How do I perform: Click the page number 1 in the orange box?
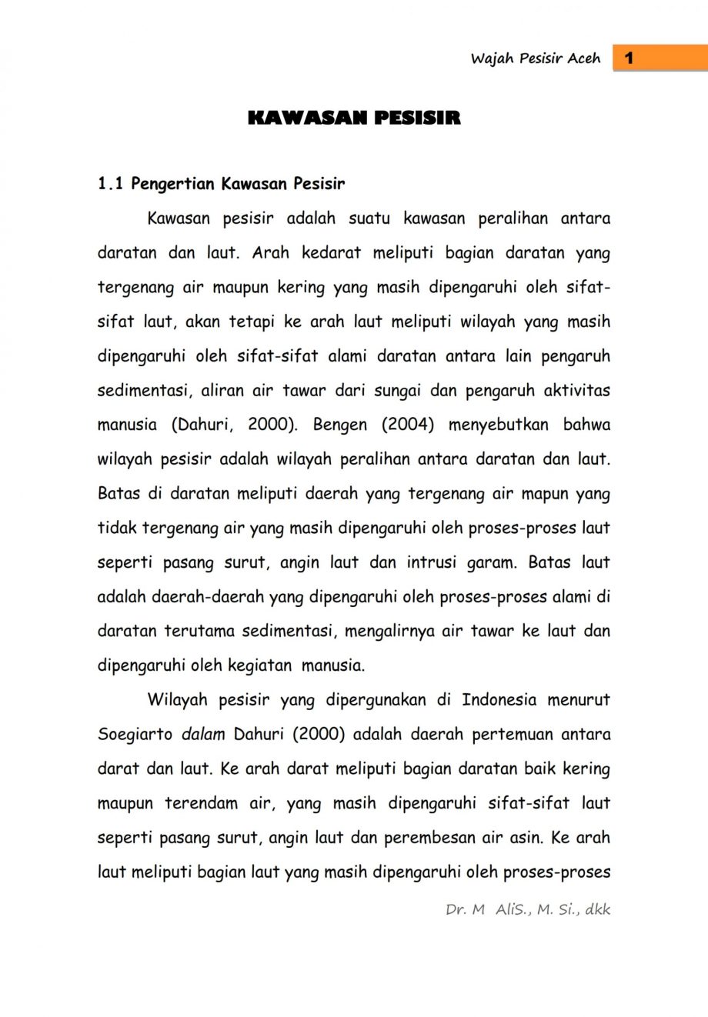(x=630, y=58)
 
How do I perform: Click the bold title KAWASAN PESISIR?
(x=354, y=118)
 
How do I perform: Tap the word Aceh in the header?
(x=583, y=58)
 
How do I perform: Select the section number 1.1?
(x=110, y=184)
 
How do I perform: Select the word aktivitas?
(x=576, y=390)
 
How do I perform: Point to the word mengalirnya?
(x=389, y=631)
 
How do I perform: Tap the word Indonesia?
(x=499, y=700)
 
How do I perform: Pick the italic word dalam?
(x=203, y=735)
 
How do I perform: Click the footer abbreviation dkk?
(x=597, y=909)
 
